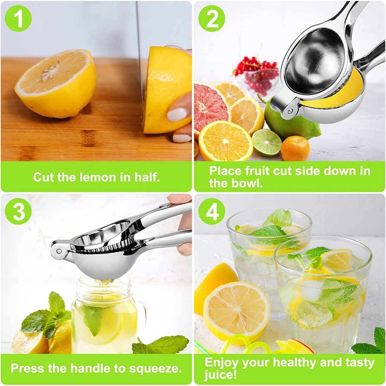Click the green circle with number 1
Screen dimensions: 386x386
[18, 19]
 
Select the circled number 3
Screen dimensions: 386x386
[19, 212]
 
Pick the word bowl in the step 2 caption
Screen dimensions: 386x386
[246, 183]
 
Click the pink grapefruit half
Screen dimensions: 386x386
[210, 106]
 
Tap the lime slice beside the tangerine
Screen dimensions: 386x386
[267, 142]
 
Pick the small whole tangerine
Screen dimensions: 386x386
[295, 149]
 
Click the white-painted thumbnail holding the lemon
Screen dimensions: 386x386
[177, 114]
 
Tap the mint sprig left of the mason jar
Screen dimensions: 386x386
[46, 317]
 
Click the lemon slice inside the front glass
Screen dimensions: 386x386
[338, 261]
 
